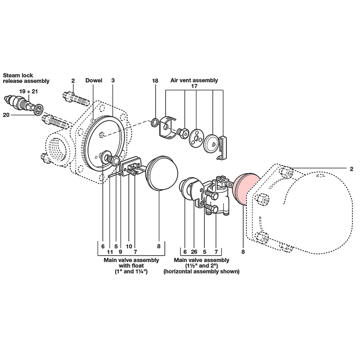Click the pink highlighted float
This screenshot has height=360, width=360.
pos(246,189)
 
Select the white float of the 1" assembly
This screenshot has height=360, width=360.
pos(162,173)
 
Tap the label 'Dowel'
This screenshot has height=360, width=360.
pos(94,80)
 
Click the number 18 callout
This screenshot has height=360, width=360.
pos(155,81)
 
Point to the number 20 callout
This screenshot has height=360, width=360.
pos(6,115)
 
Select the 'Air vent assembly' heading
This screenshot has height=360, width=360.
pos(194,80)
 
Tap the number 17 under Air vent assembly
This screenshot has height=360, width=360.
pos(194,86)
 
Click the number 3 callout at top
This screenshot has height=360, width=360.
pos(113,80)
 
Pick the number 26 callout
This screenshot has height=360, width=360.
pos(194,252)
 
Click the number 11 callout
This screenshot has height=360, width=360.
pos(110,252)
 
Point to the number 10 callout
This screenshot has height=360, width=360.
pos(129,246)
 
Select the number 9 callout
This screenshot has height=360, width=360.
pos(120,252)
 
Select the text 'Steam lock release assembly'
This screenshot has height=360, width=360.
pos(26,78)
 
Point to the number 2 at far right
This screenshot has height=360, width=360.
pos(351,169)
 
